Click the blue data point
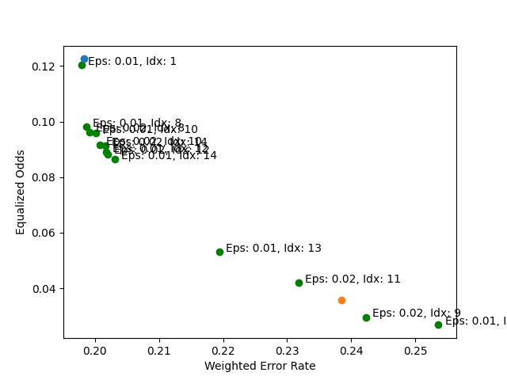84,59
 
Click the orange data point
341,300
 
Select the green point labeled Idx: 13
219,252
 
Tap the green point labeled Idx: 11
299,283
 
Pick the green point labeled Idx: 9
366,317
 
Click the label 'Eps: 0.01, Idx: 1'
132,62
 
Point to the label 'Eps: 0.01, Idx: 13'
273,249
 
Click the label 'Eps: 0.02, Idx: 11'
353,279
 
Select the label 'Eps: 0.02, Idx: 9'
416,313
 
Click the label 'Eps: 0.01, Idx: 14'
169,156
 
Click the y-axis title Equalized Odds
21,192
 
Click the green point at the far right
438,325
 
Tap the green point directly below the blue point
82,65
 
